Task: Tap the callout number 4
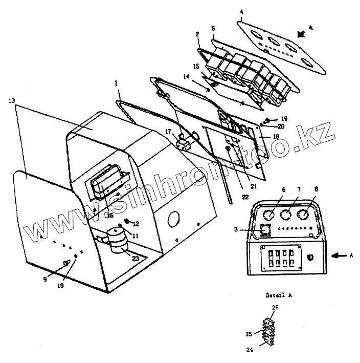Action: pyautogui.click(x=242, y=11)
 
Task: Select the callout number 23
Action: pyautogui.click(x=136, y=259)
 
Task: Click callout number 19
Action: pyautogui.click(x=285, y=118)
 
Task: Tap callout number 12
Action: pyautogui.click(x=136, y=224)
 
